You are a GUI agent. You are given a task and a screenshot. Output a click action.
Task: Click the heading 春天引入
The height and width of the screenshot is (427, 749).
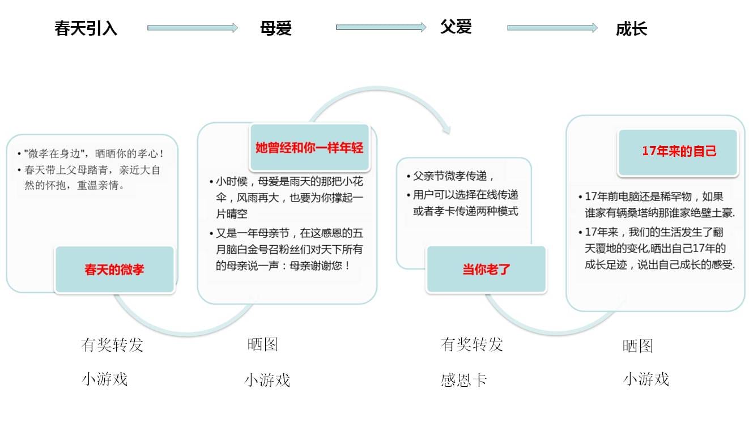point(86,28)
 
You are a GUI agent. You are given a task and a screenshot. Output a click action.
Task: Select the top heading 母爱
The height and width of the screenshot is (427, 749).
point(276,28)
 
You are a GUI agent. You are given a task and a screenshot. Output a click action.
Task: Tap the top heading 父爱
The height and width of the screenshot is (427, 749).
point(456,27)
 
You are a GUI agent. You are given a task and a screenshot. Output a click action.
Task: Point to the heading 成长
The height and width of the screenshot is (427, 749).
point(631,29)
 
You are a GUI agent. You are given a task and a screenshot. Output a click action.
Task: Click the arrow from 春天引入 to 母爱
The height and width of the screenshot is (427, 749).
point(193,28)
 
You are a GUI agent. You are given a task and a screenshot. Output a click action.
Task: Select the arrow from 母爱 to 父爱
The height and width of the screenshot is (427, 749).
point(381,27)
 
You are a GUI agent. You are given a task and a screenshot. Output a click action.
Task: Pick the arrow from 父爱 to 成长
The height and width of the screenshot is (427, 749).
point(552,28)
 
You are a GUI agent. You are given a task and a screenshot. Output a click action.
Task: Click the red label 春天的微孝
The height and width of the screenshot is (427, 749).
point(114,270)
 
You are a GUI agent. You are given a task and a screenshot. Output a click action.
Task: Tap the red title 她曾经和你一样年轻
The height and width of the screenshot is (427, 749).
point(309,148)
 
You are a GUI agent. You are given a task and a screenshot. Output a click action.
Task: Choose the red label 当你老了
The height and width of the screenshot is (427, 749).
point(486,270)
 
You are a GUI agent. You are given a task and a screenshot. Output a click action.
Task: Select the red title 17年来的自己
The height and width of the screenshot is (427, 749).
point(679,151)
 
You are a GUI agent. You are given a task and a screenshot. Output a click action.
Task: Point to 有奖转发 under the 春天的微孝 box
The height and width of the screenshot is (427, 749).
point(112,345)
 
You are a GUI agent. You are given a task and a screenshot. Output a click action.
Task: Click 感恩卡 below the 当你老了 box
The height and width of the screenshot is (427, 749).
point(464,380)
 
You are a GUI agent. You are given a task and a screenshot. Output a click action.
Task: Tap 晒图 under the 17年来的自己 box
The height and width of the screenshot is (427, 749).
point(637,346)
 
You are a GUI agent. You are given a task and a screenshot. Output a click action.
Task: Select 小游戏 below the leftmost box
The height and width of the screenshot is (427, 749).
point(105,379)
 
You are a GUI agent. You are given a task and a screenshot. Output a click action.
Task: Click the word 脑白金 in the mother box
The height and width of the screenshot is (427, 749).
point(242,250)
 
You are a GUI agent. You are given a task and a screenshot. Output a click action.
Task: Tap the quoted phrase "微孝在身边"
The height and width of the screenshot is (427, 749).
point(54,153)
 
